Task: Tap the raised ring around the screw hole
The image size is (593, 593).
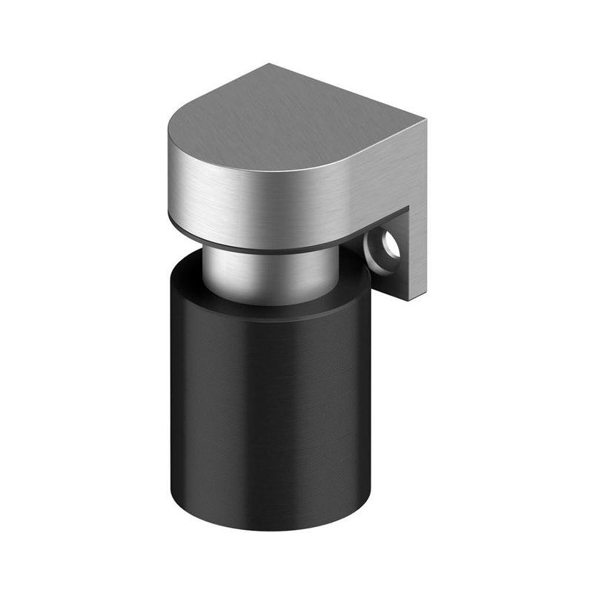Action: pyautogui.click(x=380, y=253)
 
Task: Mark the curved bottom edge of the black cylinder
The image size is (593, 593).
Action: pyautogui.click(x=267, y=528)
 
